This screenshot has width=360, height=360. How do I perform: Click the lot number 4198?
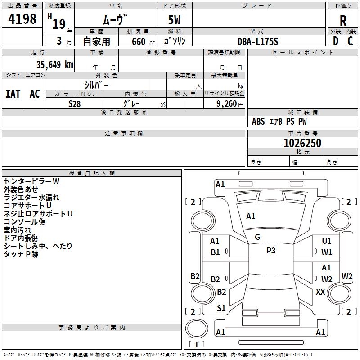pyautogui.click(x=22, y=19)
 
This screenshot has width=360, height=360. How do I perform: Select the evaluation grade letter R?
pyautogui.click(x=343, y=20)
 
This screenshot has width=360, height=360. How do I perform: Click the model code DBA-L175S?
pyautogui.click(x=258, y=41)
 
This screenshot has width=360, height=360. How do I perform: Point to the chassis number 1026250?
pyautogui.click(x=302, y=143)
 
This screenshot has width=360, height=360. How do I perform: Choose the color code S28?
pyautogui.click(x=75, y=103)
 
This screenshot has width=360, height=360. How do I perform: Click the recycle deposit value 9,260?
pyautogui.click(x=226, y=103)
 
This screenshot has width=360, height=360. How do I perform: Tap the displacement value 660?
pyautogui.click(x=138, y=41)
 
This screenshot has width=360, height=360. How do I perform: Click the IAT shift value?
pyautogui.click(x=13, y=94)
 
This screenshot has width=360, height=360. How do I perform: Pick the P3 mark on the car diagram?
pyautogui.click(x=271, y=251)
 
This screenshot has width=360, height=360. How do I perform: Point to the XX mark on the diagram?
pyautogui.click(x=320, y=292)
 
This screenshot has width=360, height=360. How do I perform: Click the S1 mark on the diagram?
pyautogui.click(x=221, y=308)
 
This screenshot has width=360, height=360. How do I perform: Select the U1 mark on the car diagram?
pyautogui.click(x=327, y=241)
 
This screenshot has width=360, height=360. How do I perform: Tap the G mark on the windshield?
pyautogui.click(x=257, y=237)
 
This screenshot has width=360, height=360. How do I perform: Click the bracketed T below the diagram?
pyautogui.click(x=197, y=344)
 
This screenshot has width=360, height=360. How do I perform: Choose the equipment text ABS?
pyautogui.click(x=258, y=121)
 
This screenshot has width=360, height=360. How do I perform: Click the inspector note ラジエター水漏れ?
pyautogui.click(x=31, y=198)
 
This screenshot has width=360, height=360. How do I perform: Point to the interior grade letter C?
pyautogui.click(x=350, y=41)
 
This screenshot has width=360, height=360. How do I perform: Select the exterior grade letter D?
pyautogui.click(x=335, y=41)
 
